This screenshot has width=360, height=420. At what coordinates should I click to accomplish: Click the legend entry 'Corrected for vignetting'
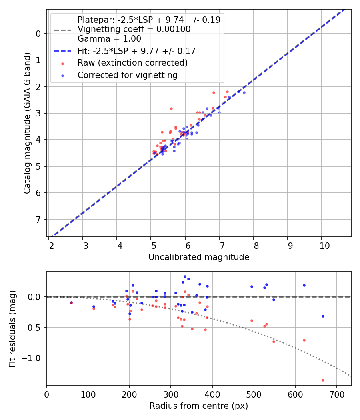(x=127, y=75)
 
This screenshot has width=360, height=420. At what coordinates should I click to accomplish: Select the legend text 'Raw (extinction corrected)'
(x=132, y=63)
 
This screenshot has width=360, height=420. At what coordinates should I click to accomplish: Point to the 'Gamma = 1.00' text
(x=109, y=39)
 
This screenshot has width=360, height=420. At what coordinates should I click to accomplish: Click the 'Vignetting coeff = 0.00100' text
(x=134, y=29)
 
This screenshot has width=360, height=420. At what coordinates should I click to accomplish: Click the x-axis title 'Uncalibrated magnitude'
(x=199, y=257)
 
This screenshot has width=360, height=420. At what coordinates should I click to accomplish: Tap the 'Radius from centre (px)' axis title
(x=199, y=406)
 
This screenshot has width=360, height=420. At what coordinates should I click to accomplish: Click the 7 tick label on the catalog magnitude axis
(x=38, y=220)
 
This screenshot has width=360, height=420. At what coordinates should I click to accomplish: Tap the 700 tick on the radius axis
(x=336, y=394)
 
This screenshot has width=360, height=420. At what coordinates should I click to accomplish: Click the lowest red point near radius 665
(x=323, y=380)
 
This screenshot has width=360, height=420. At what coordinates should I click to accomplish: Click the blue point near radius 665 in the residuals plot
(x=323, y=316)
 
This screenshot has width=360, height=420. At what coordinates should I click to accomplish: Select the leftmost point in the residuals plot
(x=71, y=303)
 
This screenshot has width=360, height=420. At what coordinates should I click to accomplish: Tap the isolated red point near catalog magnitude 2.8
(x=171, y=108)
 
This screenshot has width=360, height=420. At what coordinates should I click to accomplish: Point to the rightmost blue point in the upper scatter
(x=244, y=92)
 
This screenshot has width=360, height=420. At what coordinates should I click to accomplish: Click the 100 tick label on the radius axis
(x=88, y=394)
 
